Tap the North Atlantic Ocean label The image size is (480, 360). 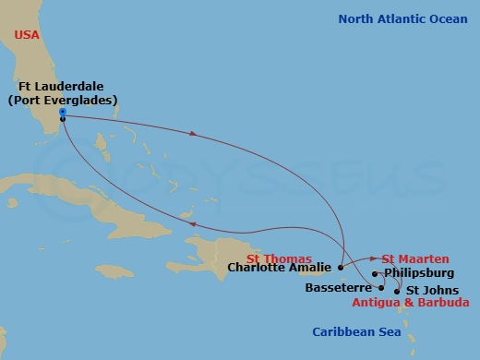click(402, 18)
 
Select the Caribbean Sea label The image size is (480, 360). click(356, 331)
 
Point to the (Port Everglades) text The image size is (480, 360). click(63, 101)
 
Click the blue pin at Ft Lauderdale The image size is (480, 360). click(62, 112)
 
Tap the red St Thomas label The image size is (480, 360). click(280, 258)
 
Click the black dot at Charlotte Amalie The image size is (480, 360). click(340, 268)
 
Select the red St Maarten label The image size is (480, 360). click(415, 258)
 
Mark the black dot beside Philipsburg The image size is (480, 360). click(375, 274)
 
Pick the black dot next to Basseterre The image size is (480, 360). click(381, 287)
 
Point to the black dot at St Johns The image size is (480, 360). click(397, 290)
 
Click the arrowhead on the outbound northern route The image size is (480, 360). click(193, 134)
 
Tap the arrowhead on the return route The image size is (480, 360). click(190, 222)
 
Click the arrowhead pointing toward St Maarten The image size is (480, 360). click(374, 258)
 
